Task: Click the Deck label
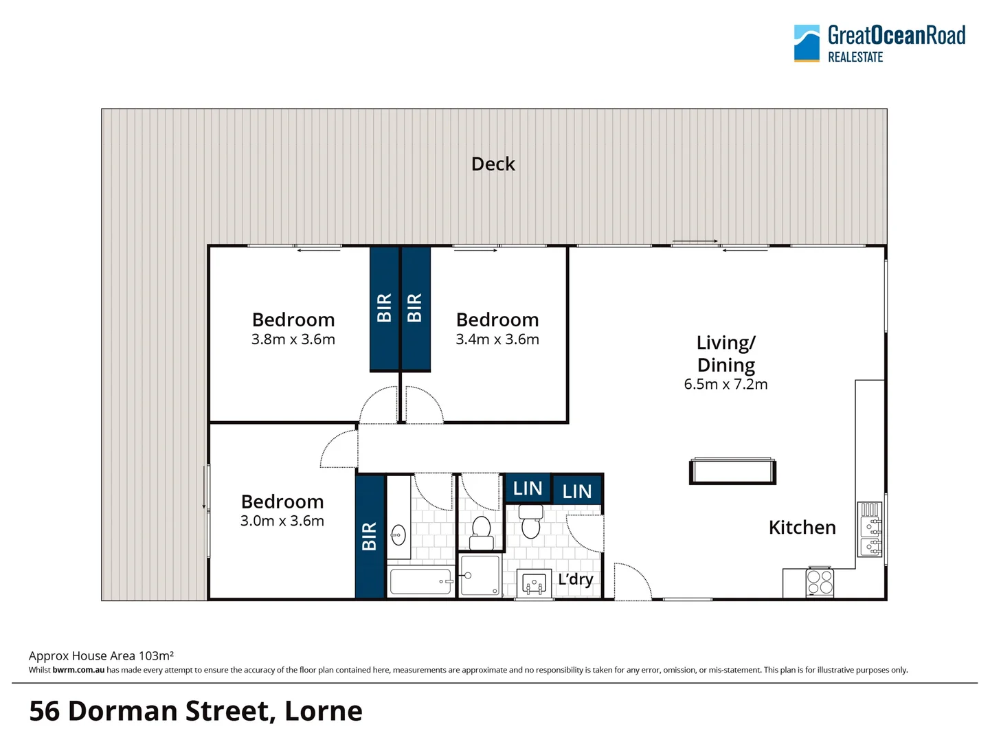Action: (493, 164)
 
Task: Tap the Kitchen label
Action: (802, 528)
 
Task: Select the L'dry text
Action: (575, 579)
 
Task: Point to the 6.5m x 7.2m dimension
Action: (725, 385)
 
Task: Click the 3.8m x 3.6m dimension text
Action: (293, 339)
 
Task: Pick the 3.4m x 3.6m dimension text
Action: (497, 339)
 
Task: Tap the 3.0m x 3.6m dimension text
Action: (282, 521)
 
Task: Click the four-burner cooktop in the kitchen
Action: (820, 582)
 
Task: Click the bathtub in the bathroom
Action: (420, 581)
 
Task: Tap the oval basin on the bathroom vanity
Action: (398, 534)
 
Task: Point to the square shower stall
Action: (480, 576)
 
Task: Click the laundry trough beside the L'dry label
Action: (534, 584)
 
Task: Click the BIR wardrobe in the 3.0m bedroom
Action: (370, 537)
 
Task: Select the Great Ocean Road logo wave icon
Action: (807, 43)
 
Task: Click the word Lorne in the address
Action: (323, 711)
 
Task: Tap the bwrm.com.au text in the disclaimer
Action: (78, 670)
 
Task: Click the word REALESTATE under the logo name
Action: (855, 58)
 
